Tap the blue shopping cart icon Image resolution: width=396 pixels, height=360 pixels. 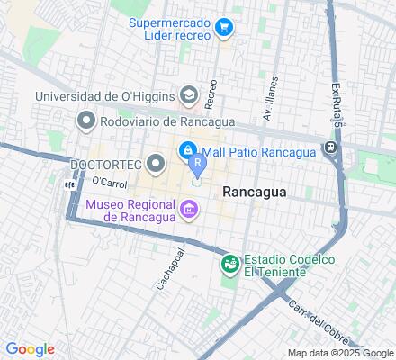[x=224, y=29]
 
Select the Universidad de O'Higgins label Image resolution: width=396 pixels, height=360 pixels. [x=105, y=96]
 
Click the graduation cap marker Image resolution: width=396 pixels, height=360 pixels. [x=189, y=94]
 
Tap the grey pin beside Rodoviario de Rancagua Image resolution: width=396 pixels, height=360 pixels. [x=86, y=120]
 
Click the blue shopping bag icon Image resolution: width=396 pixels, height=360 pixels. [x=189, y=149]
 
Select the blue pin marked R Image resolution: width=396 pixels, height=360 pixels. [x=196, y=165]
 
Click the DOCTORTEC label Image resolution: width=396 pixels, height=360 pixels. [x=104, y=164]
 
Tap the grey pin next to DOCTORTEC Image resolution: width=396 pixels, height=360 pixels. [x=156, y=163]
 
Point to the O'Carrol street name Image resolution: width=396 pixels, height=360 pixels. [x=109, y=182]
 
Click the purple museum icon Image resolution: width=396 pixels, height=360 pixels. [x=189, y=211]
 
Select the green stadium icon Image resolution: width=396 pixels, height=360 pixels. [x=230, y=264]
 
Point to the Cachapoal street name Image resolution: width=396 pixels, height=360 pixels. [x=164, y=267]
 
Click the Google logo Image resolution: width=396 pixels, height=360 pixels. [x=30, y=349]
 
